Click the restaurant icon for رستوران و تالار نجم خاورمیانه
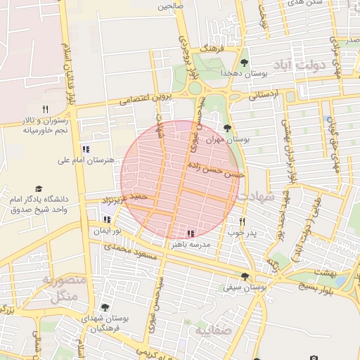click(46, 109)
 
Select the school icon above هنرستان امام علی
click(86, 149)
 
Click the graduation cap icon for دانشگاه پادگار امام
click(39, 189)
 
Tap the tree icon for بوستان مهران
click(226, 127)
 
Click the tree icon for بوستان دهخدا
click(245, 62)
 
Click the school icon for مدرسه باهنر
click(191, 233)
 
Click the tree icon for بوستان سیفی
click(245, 276)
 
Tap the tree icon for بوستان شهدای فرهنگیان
click(105, 307)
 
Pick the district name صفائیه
click(213, 329)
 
